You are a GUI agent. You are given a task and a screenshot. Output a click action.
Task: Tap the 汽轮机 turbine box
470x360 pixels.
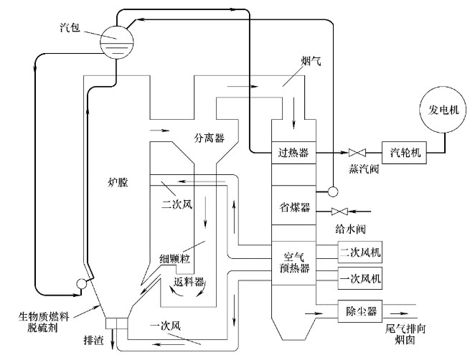click(405, 152)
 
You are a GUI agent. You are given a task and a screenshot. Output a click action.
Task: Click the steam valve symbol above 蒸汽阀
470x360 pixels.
click(357, 152)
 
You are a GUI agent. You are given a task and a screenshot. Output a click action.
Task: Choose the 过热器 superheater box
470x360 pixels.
click(293, 152)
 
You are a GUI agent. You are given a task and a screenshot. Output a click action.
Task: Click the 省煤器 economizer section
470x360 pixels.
click(293, 207)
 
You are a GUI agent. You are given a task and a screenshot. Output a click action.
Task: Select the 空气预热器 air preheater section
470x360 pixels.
click(293, 263)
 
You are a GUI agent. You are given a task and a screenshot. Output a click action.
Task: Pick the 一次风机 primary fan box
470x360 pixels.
click(362, 276)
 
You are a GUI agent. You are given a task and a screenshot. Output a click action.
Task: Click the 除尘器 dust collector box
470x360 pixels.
click(362, 311)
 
